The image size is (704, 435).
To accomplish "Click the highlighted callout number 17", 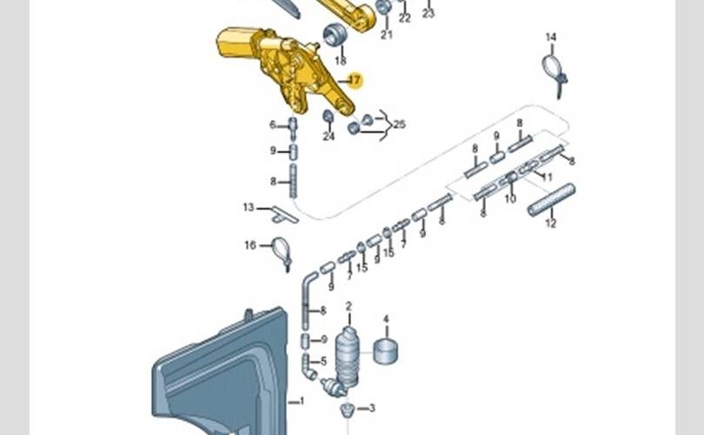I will click(354, 80).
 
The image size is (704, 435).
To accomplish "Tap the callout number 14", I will click(550, 37).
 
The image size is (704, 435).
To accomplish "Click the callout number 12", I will click(550, 224).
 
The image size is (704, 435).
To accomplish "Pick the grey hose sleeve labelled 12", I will click(551, 199).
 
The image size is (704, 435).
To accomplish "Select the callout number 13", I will click(249, 207).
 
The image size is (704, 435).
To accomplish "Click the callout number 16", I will click(250, 245).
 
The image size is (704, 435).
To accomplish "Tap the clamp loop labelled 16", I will click(281, 250).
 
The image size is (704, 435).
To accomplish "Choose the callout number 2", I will click(349, 306).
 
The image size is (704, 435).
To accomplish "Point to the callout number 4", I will click(386, 319).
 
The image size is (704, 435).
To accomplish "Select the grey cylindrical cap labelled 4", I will click(386, 351).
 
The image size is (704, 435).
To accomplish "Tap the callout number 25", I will click(399, 125).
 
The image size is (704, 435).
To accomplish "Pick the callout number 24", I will click(329, 136).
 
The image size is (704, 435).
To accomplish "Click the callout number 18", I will click(340, 61).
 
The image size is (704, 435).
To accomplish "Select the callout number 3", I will click(372, 407).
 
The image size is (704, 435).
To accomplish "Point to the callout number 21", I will click(386, 35).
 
